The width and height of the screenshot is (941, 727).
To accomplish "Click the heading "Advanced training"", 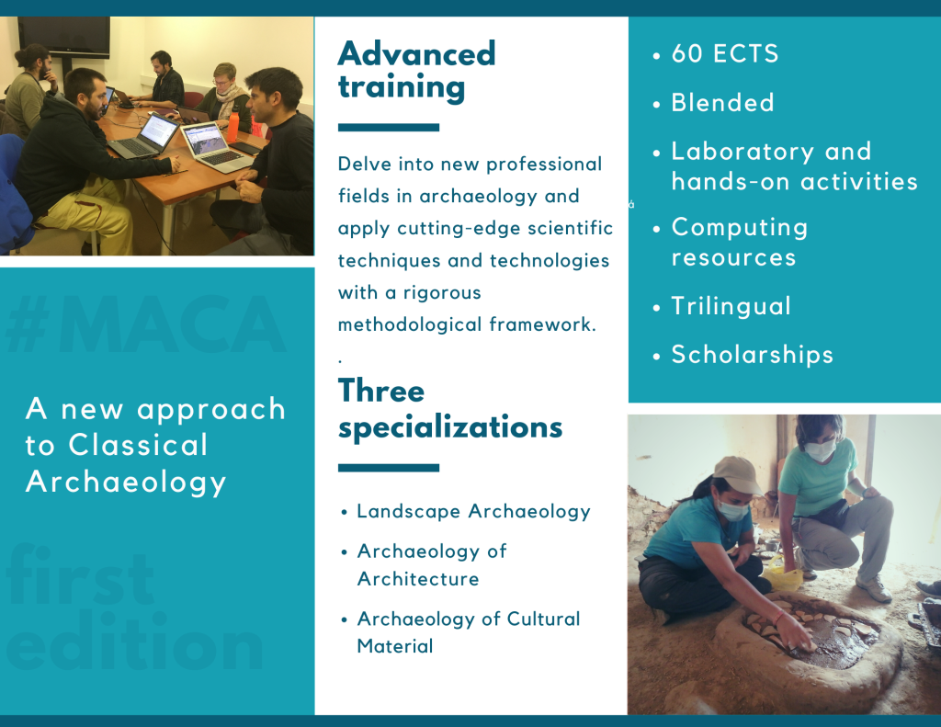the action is click(x=416, y=71).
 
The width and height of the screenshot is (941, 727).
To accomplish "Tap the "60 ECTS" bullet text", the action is click(x=725, y=53).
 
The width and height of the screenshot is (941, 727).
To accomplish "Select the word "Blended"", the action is click(x=722, y=103).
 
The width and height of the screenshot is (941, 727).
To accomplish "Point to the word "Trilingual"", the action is click(x=731, y=307).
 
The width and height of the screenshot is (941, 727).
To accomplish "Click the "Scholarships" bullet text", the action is click(x=752, y=355).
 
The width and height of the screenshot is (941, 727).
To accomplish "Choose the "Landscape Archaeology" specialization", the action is click(x=473, y=512).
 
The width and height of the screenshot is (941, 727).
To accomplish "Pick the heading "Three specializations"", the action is click(x=450, y=409).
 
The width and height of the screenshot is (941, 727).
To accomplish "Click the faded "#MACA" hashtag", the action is click(x=146, y=324).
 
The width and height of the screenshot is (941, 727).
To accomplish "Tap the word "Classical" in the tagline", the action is click(x=138, y=445).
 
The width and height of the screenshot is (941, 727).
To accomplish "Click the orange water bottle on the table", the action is click(x=232, y=127).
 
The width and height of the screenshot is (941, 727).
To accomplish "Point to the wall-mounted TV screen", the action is click(x=63, y=37).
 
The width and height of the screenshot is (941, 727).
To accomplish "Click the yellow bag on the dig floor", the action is click(x=782, y=574).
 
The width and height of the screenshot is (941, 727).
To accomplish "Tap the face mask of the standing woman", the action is click(x=820, y=449).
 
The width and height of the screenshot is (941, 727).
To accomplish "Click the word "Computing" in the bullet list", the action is click(x=740, y=228).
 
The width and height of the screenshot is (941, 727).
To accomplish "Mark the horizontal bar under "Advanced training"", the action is click(x=389, y=127).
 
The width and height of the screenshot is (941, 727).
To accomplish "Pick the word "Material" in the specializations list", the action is click(x=395, y=646).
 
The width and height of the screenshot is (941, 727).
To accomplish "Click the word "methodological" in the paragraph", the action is click(x=411, y=324).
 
